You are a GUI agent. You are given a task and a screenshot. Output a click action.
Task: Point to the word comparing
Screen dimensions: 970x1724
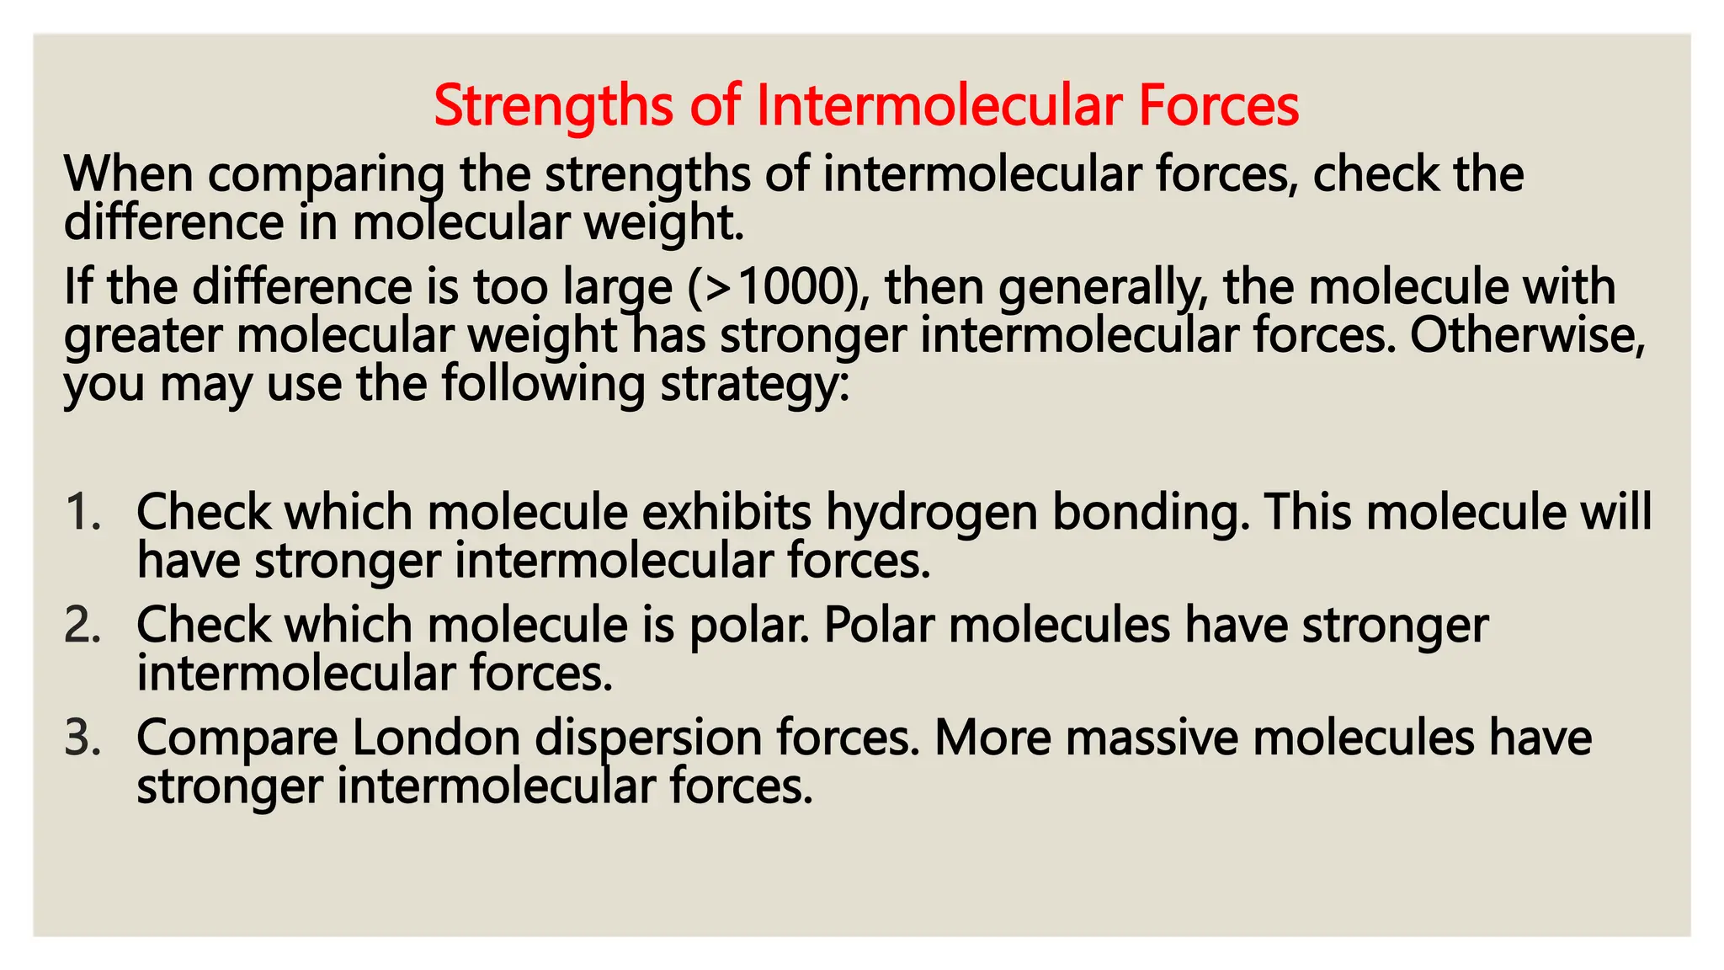326,175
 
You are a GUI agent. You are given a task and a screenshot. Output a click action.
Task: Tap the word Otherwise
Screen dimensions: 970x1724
1528,335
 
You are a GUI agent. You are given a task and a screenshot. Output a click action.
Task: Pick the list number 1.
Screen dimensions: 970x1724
82,512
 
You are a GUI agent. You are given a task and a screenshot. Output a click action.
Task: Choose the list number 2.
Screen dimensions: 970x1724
82,625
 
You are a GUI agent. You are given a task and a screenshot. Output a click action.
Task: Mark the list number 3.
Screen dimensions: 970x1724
82,738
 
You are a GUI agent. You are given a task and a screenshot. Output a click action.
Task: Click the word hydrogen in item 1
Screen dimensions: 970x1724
931,514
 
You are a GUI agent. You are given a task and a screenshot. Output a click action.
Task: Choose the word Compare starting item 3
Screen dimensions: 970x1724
237,739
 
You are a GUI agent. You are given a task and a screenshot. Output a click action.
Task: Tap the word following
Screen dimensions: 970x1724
543,385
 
